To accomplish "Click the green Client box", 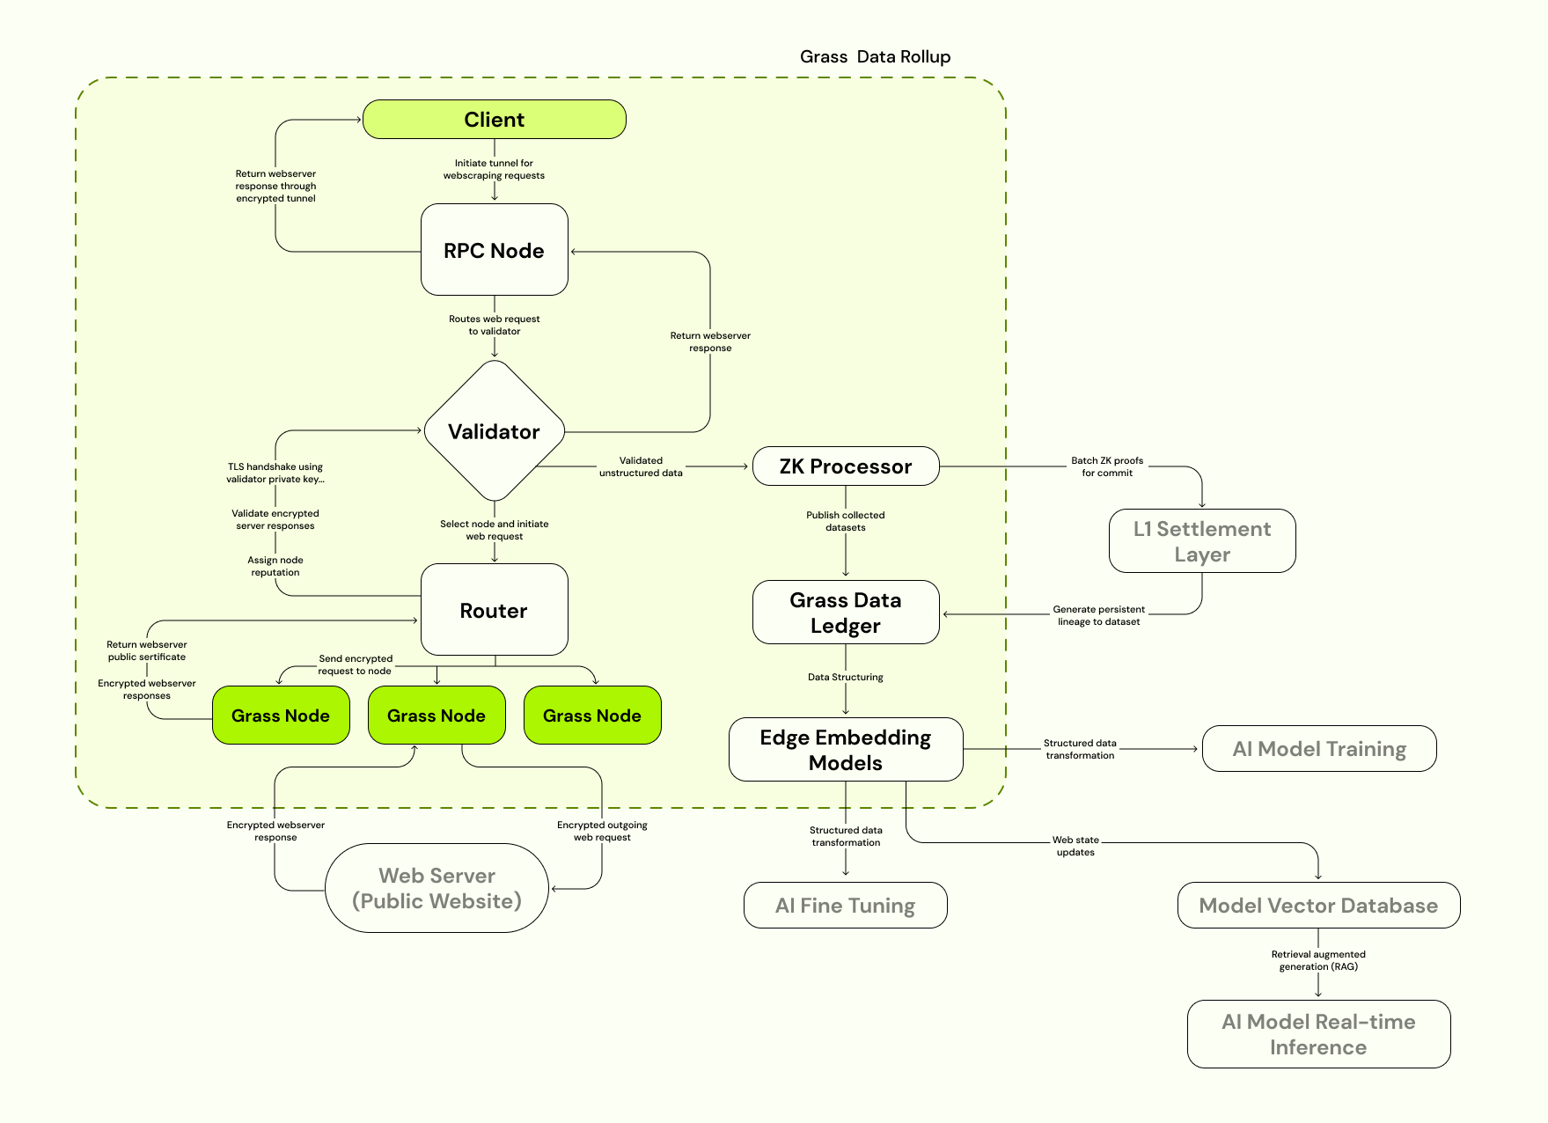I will pos(494,120).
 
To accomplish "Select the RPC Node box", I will pos(494,250).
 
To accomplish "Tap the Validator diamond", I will pos(494,431).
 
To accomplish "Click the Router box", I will pos(494,610).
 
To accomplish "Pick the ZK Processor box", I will pos(845,466).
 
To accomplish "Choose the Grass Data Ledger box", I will pos(845,613).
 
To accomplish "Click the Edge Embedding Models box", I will pos(845,750).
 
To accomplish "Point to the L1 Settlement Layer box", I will pos(1201,541).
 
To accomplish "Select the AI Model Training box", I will pos(1318,749).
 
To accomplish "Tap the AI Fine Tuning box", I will pos(845,906).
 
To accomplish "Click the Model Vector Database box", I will pos(1317,906).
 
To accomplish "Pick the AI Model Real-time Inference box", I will pos(1317,1034).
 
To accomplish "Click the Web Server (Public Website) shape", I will pos(437,888).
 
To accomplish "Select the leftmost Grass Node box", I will pos(281,716).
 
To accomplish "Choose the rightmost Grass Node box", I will pos(591,716).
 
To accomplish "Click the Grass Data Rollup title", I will pos(875,57).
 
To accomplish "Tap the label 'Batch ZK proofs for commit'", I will pos(1106,466).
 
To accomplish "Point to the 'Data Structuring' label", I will pos(845,677).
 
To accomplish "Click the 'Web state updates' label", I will pos(1075,846).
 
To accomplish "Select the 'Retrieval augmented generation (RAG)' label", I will pos(1317,960).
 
